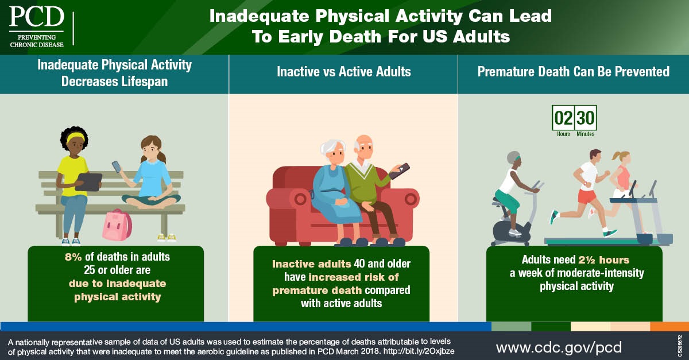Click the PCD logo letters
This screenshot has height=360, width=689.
point(37,17)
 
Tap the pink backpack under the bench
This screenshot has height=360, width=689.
point(117,225)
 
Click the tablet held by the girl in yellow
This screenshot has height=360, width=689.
point(89,182)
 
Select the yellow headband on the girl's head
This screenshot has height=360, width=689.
point(75,137)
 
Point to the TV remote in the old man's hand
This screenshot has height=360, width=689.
point(399,171)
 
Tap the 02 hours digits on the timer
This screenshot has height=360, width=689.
point(563,118)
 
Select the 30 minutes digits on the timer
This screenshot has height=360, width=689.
point(585,118)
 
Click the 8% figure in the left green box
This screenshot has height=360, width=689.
point(73,257)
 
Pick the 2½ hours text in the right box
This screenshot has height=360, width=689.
point(604,260)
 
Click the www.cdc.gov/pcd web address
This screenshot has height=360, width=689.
point(559,347)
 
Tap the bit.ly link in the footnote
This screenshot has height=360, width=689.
point(419,351)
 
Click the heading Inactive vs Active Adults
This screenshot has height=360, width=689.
point(344,72)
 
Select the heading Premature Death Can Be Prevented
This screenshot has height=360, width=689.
point(574,72)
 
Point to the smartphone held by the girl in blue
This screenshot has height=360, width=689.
point(116,167)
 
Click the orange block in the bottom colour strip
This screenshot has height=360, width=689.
point(669,327)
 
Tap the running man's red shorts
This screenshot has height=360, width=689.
point(587,196)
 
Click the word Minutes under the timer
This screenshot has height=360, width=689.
point(585,134)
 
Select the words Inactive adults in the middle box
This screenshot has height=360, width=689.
point(311,264)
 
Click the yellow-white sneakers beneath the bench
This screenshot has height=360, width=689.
point(167,238)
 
